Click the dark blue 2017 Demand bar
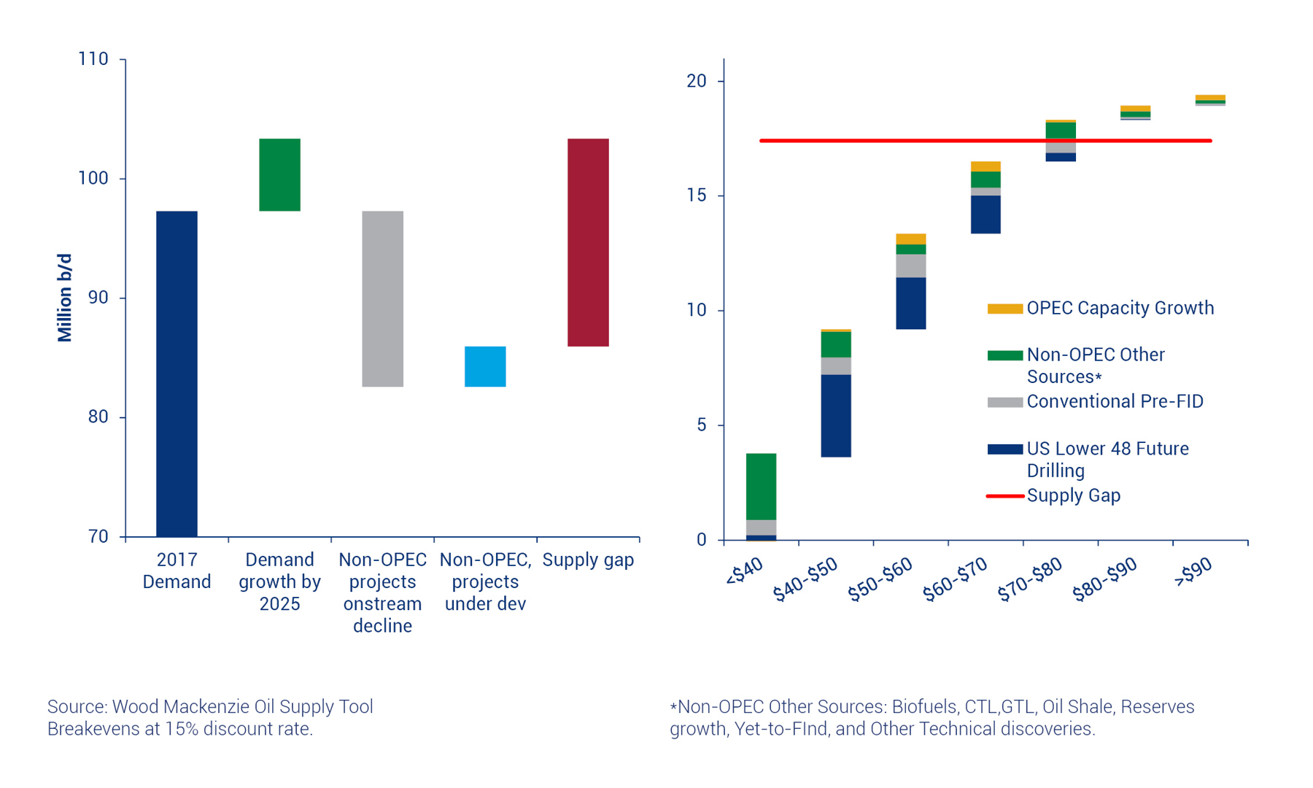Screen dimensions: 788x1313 [x=177, y=374]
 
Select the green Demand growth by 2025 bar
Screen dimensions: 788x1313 [x=279, y=174]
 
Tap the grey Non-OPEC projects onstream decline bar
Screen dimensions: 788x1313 [x=382, y=298]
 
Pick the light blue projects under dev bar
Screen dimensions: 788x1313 [x=485, y=366]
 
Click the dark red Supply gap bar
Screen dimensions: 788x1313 [x=588, y=242]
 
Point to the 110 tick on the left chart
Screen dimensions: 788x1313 [x=93, y=59]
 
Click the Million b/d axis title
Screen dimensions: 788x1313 [x=65, y=298]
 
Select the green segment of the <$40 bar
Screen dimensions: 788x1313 [x=761, y=487]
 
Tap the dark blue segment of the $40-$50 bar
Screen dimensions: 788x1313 [x=836, y=416]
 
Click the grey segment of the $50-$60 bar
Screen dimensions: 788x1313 [x=911, y=266]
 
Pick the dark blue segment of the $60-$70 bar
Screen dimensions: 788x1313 [x=985, y=215]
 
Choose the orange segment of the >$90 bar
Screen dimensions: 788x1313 [x=1210, y=98]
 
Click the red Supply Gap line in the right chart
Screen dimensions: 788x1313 [x=948, y=141]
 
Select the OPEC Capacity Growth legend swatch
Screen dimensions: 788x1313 [x=1004, y=309]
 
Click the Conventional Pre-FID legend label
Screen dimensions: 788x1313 [x=1115, y=401]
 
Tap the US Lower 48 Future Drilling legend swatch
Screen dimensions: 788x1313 [x=1004, y=449]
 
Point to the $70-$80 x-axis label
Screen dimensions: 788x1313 [x=1030, y=579]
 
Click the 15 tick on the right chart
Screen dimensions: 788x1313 [x=697, y=196]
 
